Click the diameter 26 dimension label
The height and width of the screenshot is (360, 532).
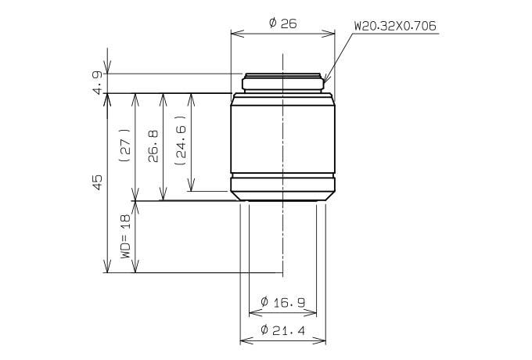282,23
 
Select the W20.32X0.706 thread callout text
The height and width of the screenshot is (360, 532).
395,26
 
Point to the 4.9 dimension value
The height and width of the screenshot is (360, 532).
97,82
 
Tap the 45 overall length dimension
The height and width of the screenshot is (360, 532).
97,182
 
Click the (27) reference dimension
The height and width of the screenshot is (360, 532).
125,146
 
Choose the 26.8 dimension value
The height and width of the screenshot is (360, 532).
153,146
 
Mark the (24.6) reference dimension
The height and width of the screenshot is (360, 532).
181,140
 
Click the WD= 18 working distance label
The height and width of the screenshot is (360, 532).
125,236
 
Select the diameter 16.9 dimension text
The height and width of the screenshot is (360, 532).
282,302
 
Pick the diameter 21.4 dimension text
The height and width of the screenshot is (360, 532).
282,329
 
